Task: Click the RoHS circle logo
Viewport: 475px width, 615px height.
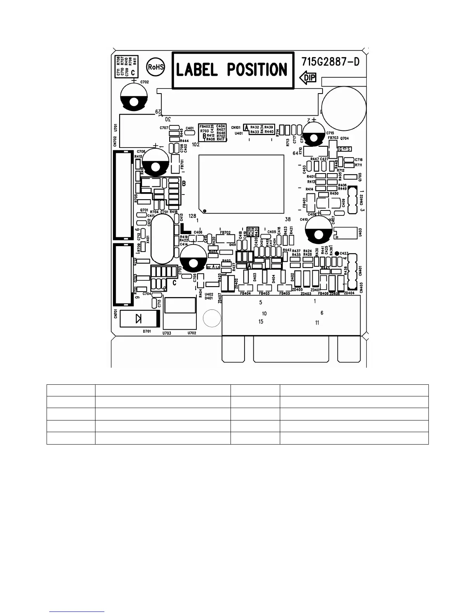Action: [x=156, y=67]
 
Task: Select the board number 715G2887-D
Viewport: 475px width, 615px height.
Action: [x=331, y=62]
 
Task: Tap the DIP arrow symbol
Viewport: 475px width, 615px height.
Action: [x=309, y=78]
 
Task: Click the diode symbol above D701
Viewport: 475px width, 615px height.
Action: [x=139, y=319]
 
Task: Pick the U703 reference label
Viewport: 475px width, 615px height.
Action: [x=167, y=333]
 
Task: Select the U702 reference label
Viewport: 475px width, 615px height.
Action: [x=192, y=333]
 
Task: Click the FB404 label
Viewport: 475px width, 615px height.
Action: [x=245, y=294]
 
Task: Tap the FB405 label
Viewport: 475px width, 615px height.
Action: [x=285, y=294]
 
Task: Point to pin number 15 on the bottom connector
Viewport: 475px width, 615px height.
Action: [x=261, y=321]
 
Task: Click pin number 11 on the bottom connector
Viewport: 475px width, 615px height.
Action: [x=317, y=323]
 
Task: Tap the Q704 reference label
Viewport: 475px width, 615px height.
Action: [x=345, y=138]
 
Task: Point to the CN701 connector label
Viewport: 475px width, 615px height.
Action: [x=116, y=313]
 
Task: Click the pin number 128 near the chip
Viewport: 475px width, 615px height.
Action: [x=192, y=216]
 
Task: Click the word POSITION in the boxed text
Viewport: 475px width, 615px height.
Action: [x=257, y=70]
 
